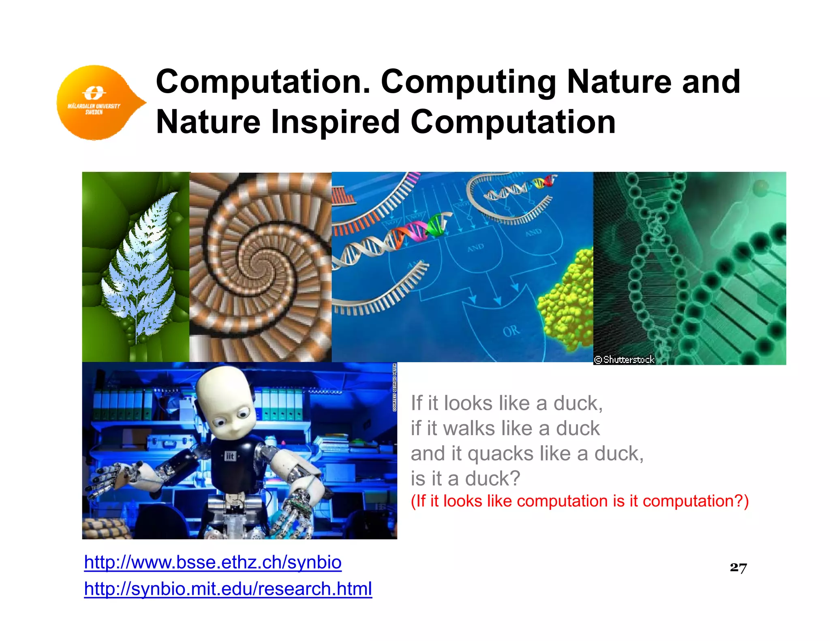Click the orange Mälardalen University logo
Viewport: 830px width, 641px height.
(x=97, y=103)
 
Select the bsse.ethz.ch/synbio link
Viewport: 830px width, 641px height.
(x=213, y=562)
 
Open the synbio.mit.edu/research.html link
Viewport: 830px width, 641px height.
(x=228, y=589)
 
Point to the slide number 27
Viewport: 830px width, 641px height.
(x=738, y=567)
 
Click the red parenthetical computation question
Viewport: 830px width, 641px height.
(x=580, y=501)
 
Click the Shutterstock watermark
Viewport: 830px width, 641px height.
(x=625, y=359)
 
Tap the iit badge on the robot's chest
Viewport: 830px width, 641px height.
(x=230, y=456)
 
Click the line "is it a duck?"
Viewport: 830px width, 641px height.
(x=465, y=479)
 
